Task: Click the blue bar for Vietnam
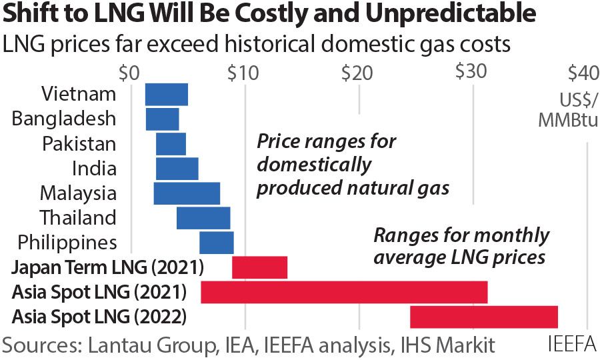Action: click(167, 94)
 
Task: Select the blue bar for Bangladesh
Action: click(163, 119)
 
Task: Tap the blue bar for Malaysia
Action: click(187, 193)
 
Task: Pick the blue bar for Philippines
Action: click(217, 242)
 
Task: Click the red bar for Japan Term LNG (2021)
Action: click(259, 267)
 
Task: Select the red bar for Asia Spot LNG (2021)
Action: click(344, 292)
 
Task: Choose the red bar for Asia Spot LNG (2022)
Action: click(483, 317)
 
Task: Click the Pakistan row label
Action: click(79, 143)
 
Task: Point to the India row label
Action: click(94, 168)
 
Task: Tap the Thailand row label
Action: click(77, 217)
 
